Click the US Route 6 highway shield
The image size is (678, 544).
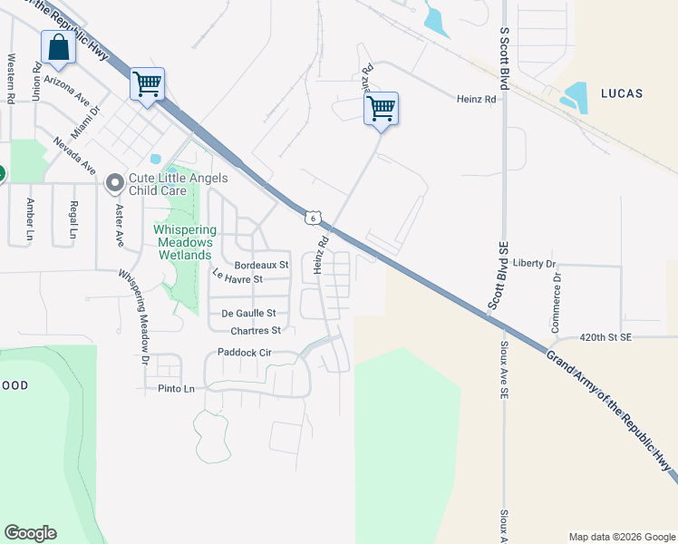pyautogui.click(x=312, y=218)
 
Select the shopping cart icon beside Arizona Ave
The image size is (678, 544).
pyautogui.click(x=147, y=84)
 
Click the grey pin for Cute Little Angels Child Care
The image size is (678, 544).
pyautogui.click(x=115, y=184)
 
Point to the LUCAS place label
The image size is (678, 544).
pyautogui.click(x=621, y=92)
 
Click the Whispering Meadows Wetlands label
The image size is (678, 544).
pyautogui.click(x=183, y=242)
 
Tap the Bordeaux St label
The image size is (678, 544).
pyautogui.click(x=260, y=265)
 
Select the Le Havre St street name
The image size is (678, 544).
pyautogui.click(x=237, y=276)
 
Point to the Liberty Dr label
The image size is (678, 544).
pyautogui.click(x=534, y=263)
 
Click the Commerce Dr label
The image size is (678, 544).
pyautogui.click(x=557, y=301)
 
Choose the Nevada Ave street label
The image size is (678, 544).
pyautogui.click(x=74, y=156)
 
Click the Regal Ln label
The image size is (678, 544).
pyautogui.click(x=73, y=217)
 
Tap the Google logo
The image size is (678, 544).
pyautogui.click(x=30, y=533)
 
